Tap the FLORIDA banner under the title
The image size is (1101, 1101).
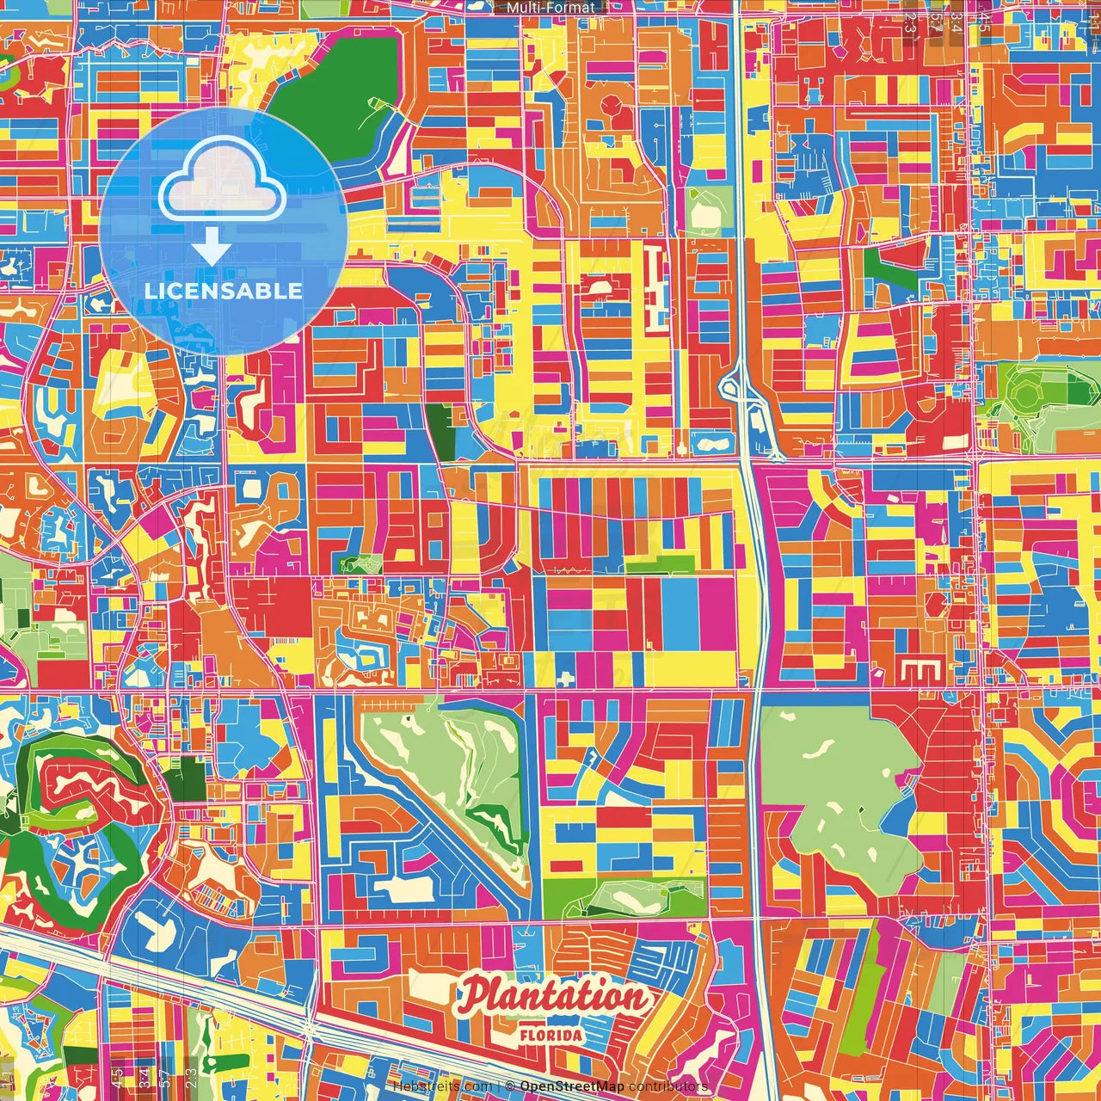550,1035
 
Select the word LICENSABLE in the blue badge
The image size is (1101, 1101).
223,291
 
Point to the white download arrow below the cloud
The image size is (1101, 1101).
211,246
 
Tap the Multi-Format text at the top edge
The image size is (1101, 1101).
550,8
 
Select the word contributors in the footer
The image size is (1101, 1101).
667,1087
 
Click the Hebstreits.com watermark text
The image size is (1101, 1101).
441,1087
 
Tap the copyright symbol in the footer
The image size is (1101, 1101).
509,1087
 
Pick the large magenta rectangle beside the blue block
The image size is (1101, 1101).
717,614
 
